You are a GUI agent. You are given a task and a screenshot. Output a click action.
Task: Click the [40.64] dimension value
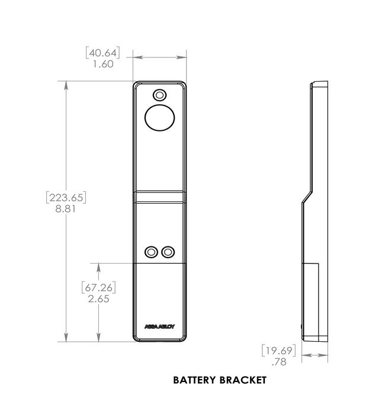click(x=103, y=53)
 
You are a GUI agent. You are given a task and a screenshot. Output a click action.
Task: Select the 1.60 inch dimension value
click(x=103, y=64)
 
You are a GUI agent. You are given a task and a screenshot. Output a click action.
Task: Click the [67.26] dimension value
click(x=98, y=288)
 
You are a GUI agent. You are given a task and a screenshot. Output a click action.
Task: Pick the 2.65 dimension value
click(x=98, y=299)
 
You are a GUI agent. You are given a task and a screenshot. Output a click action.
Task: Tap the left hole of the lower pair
click(x=152, y=252)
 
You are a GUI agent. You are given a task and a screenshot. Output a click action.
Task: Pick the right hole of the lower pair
click(x=169, y=252)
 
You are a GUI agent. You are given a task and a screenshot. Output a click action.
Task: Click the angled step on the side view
click(x=307, y=194)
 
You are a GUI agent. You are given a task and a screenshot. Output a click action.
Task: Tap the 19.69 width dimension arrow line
click(x=315, y=356)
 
